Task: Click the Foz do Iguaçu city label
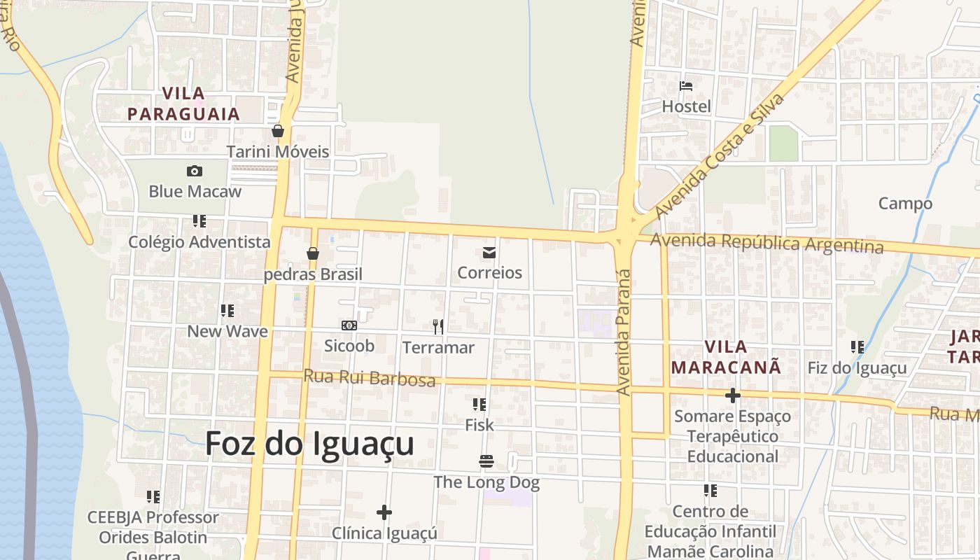pyautogui.click(x=309, y=444)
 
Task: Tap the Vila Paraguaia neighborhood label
pyautogui.click(x=184, y=104)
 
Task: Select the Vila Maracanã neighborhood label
pyautogui.click(x=726, y=356)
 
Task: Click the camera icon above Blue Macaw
pyautogui.click(x=195, y=171)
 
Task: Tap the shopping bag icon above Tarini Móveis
pyautogui.click(x=278, y=131)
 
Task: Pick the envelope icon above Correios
pyautogui.click(x=489, y=252)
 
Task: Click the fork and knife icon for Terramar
pyautogui.click(x=438, y=326)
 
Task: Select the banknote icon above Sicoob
pyautogui.click(x=349, y=325)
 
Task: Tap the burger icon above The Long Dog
pyautogui.click(x=486, y=461)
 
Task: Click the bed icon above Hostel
pyautogui.click(x=686, y=86)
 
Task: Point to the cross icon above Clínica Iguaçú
pyautogui.click(x=384, y=512)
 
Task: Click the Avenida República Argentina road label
pyautogui.click(x=766, y=243)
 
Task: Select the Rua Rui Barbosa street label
pyautogui.click(x=369, y=378)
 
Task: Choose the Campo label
pyautogui.click(x=905, y=204)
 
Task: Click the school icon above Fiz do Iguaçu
pyautogui.click(x=857, y=346)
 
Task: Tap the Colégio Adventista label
pyautogui.click(x=199, y=242)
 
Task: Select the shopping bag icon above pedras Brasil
pyautogui.click(x=313, y=253)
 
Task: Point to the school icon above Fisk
pyautogui.click(x=479, y=404)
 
